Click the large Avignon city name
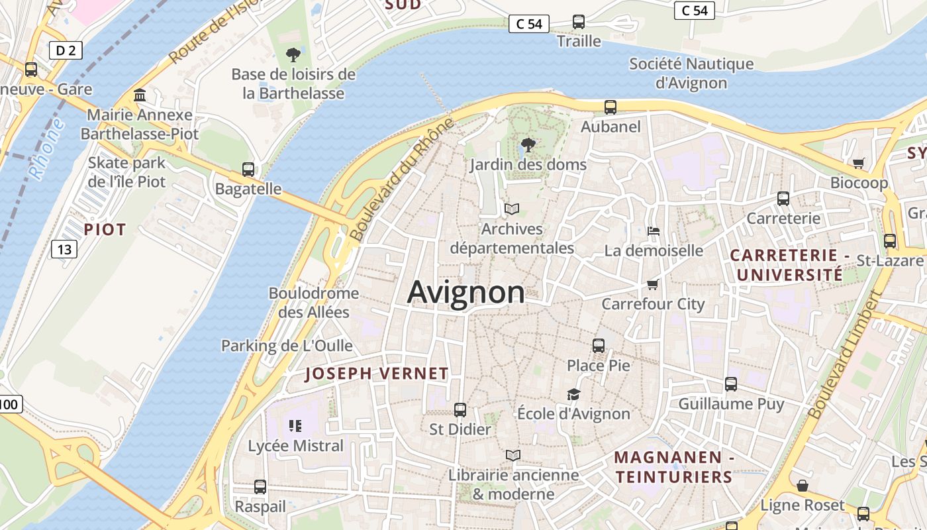click(466, 292)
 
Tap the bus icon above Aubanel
click(610, 107)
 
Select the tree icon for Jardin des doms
click(528, 144)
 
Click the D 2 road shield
click(66, 50)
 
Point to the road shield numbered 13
click(64, 249)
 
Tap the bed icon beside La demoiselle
click(653, 231)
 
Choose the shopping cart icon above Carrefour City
click(653, 284)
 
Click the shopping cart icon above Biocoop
click(859, 163)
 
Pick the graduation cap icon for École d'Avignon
click(573, 394)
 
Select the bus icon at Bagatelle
click(248, 170)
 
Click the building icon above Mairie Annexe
click(140, 95)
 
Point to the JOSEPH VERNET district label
click(377, 374)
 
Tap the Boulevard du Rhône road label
click(402, 180)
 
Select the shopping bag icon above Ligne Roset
click(803, 486)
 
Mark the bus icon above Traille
click(579, 22)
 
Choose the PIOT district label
click(105, 230)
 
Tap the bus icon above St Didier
click(460, 410)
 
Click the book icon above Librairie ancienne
click(513, 455)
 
